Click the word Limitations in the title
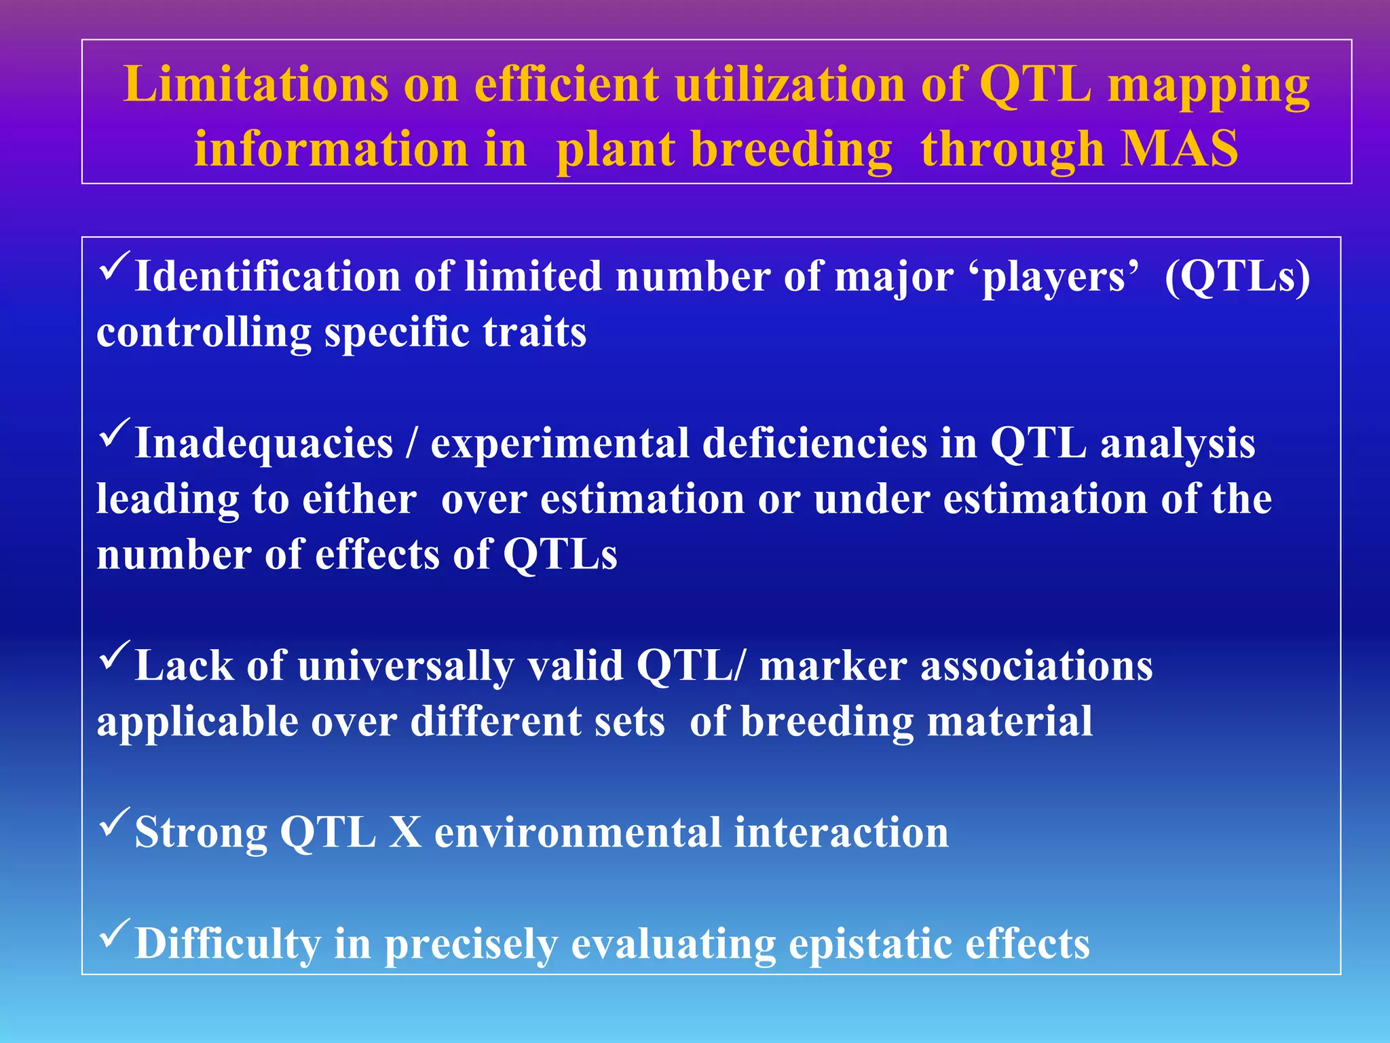click(x=256, y=85)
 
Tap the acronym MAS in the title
click(x=1180, y=149)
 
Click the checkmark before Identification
click(x=115, y=266)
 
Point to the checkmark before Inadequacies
click(x=115, y=433)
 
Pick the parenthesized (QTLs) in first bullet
click(x=1237, y=277)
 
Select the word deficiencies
click(x=814, y=444)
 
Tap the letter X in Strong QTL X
click(x=405, y=832)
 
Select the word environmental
click(x=578, y=832)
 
